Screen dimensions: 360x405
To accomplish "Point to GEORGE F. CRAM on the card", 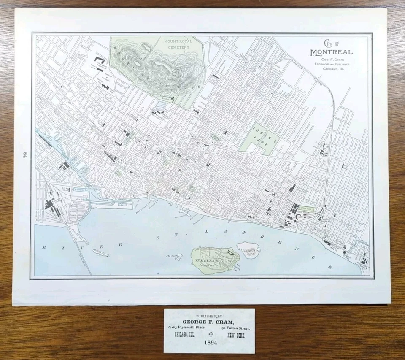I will tap(209, 322).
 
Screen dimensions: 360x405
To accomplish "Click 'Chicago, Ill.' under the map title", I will tap(333, 68).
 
